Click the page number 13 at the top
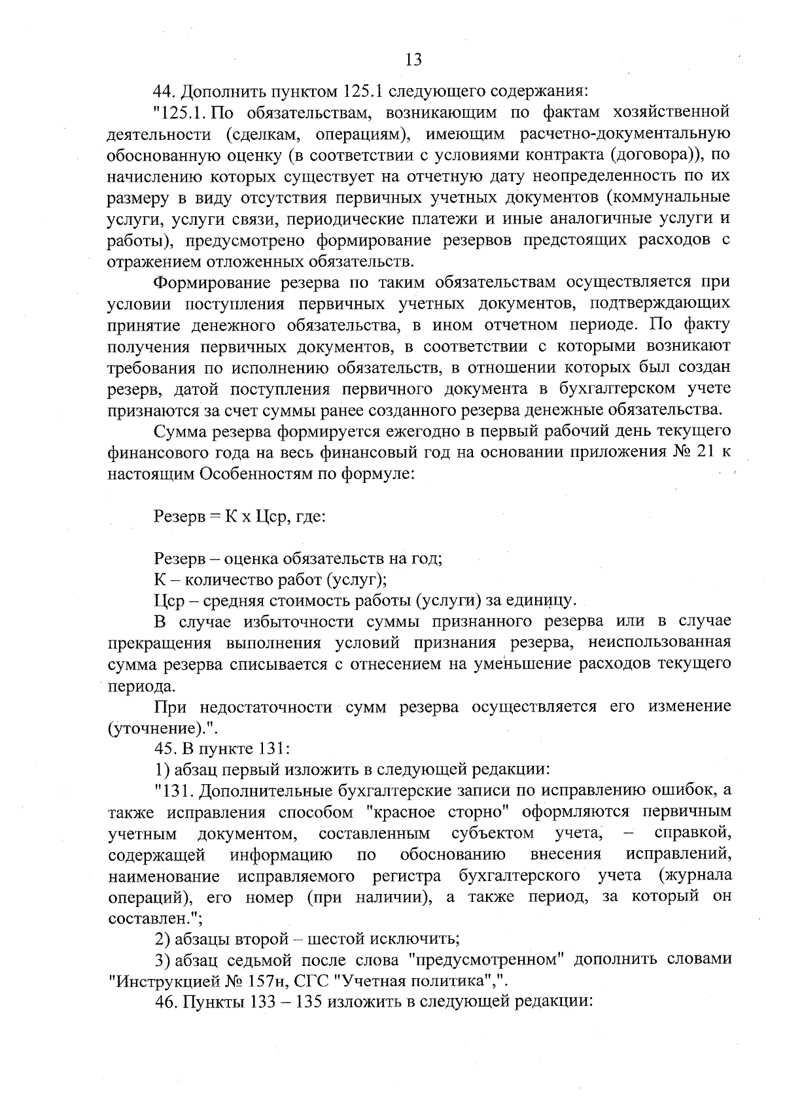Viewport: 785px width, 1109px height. coord(413,60)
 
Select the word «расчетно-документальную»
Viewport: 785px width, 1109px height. coord(625,133)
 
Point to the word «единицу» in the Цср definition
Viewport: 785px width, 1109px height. coord(543,600)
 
